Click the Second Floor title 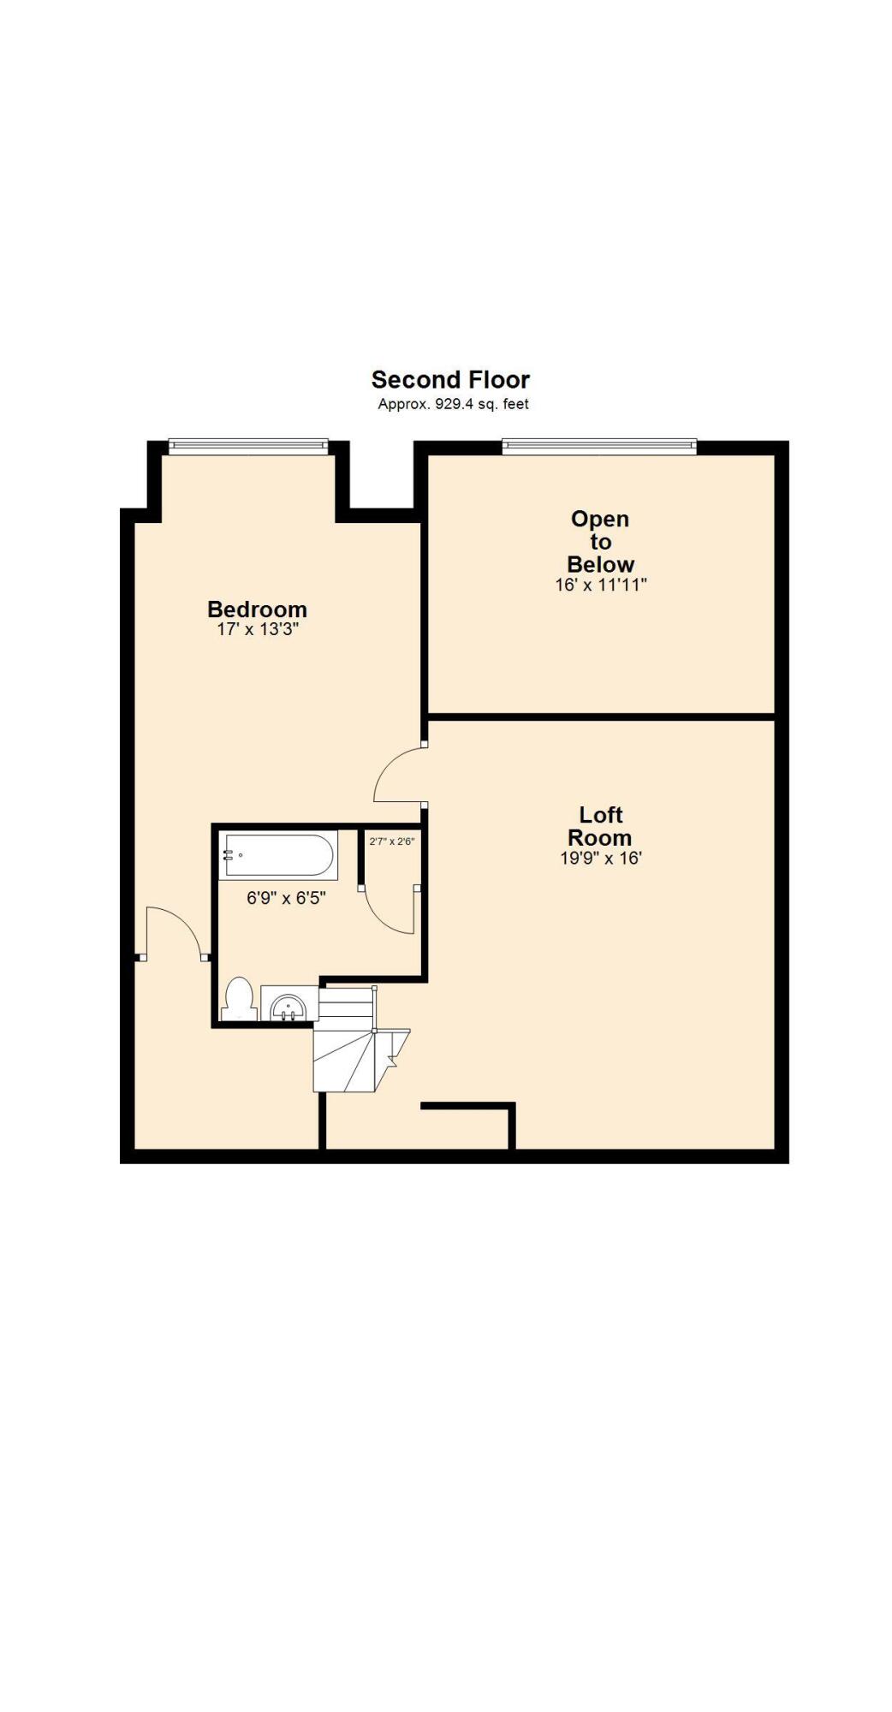point(450,379)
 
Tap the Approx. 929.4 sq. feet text point(453,404)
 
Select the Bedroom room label point(257,609)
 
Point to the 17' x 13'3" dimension point(257,630)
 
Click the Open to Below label point(600,541)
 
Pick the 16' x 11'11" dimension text point(600,586)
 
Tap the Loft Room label point(600,826)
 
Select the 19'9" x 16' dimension point(600,859)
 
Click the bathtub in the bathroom point(278,855)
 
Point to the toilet point(239,1000)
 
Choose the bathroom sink point(288,1005)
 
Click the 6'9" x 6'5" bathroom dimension point(286,898)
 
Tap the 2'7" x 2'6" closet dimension point(392,841)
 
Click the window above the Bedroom point(248,445)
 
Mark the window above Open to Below point(599,445)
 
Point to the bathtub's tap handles point(229,854)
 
